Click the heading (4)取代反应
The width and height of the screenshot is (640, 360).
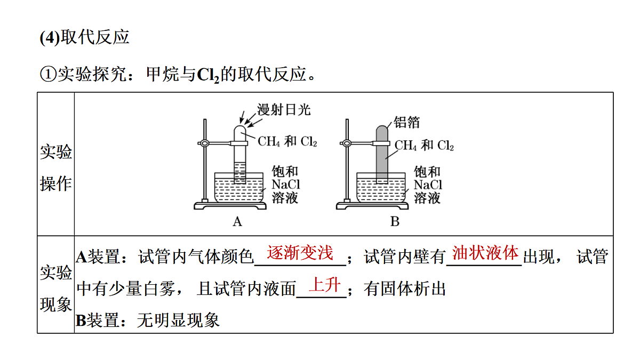85,37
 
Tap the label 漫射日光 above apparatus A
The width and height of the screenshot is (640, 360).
284,110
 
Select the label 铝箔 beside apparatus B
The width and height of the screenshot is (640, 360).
406,122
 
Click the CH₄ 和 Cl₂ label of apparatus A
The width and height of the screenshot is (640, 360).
287,141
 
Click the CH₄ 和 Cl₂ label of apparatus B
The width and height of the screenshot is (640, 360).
424,145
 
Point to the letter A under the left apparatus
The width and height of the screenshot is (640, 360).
237,221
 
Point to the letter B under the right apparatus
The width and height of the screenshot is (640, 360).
395,221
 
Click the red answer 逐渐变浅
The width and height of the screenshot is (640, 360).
300,253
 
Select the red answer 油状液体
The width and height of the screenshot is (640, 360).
485,253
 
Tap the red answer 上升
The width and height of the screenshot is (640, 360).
325,285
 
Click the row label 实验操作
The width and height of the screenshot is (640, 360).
55,167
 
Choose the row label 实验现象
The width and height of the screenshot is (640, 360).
55,289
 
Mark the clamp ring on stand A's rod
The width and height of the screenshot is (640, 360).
205,143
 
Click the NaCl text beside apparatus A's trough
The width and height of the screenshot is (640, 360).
286,185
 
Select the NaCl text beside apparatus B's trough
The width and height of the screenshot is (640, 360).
428,185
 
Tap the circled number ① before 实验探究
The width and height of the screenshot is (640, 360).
48,74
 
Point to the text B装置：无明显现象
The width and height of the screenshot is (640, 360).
147,321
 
